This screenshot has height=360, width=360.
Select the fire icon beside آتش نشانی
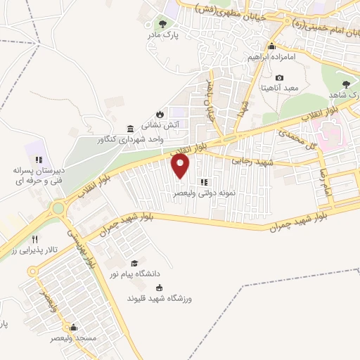point(160,115)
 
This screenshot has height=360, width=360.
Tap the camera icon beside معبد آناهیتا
point(280,77)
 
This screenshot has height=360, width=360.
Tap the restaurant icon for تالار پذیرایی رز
point(44,240)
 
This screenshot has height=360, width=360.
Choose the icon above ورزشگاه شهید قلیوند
point(158,287)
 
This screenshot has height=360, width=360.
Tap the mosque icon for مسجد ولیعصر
point(73,327)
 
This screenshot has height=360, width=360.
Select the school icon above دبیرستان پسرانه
point(39,160)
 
